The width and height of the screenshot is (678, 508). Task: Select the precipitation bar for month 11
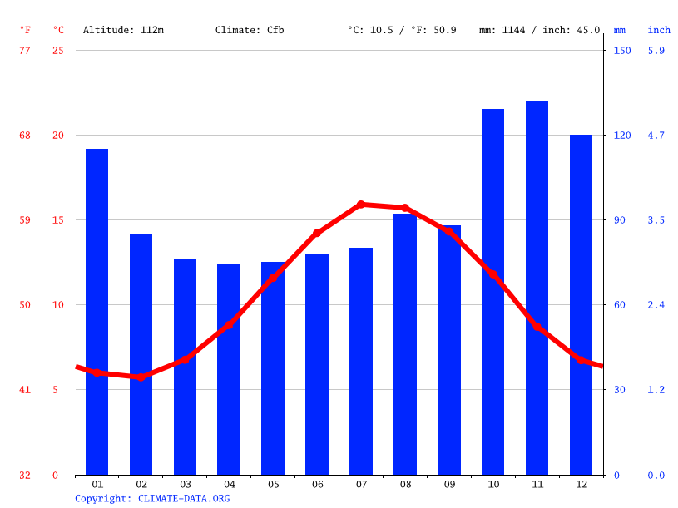tap(537, 287)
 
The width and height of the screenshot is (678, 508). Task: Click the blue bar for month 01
tap(97, 312)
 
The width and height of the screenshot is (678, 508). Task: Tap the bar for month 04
tap(229, 369)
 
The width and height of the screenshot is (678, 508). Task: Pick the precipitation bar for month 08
tap(404, 344)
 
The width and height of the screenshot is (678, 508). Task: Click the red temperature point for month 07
tap(361, 204)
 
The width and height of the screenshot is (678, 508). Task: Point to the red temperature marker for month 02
tap(141, 377)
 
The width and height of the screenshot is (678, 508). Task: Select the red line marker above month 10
tap(492, 274)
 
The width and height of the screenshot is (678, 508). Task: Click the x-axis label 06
tap(317, 484)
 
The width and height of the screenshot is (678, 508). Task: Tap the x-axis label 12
tap(581, 484)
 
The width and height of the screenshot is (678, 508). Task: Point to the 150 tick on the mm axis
tap(622, 50)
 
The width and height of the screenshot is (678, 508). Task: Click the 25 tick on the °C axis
tap(57, 50)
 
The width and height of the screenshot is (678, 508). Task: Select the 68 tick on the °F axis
tap(25, 135)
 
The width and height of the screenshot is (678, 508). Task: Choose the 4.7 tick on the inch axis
tap(656, 135)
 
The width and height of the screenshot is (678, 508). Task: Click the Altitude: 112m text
tap(123, 30)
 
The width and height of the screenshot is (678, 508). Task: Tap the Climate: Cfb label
tap(250, 30)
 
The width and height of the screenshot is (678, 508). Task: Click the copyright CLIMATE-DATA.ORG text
tap(152, 498)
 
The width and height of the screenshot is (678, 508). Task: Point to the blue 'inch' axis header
tap(659, 30)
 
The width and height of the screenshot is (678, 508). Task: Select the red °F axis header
tap(25, 30)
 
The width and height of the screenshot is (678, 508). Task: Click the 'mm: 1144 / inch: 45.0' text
tap(539, 30)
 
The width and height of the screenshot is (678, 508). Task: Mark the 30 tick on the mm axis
tap(620, 389)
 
